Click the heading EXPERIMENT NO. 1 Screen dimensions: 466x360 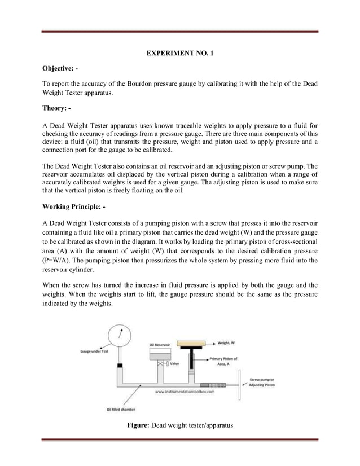pyautogui.click(x=180, y=54)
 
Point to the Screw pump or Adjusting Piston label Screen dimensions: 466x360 pyautogui.click(x=265, y=383)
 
